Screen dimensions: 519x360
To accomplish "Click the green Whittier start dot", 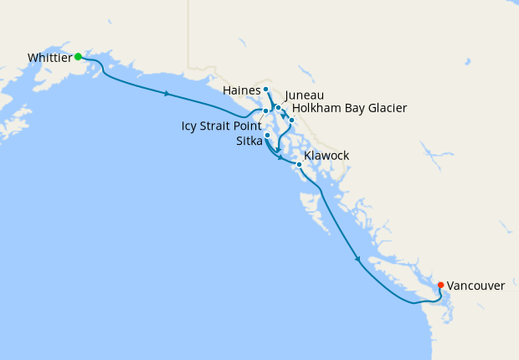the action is tap(78, 57).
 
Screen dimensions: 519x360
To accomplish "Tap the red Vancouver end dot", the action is tap(440, 285).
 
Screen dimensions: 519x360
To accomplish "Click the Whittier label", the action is tap(49, 58).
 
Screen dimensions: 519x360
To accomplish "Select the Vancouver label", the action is tap(475, 285).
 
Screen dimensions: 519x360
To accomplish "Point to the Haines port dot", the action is tap(265, 89).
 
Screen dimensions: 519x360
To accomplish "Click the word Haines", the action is tap(242, 90).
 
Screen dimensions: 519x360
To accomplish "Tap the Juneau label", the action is tap(305, 95).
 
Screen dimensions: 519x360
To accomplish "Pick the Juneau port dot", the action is tap(278, 108).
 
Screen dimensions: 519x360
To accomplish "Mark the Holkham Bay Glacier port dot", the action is tap(291, 121).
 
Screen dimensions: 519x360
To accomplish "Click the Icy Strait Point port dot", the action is tap(265, 111).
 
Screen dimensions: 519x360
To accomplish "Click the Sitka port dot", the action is tap(267, 135).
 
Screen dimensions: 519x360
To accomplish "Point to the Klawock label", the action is tap(326, 156).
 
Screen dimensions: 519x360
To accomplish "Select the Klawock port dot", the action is tap(299, 164).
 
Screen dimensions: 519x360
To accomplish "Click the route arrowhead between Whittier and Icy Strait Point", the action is tap(168, 93).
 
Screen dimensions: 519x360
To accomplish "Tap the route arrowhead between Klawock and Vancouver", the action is tap(358, 259).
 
